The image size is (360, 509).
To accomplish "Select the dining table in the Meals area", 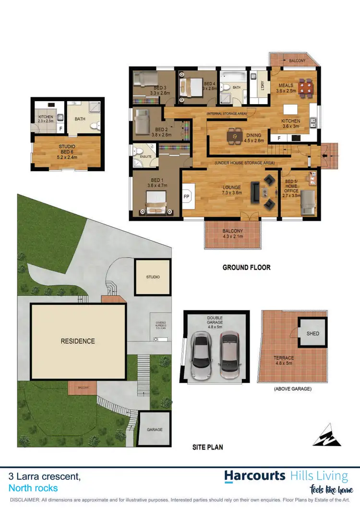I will coord(304,88).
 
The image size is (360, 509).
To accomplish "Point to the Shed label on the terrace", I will coord(312,333).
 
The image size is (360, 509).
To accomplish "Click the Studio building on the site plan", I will coord(153,277).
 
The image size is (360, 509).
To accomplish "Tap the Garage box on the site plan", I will coord(155,429).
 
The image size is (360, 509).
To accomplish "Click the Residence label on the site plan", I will coord(78,341).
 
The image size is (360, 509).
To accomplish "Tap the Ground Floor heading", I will coord(246,267).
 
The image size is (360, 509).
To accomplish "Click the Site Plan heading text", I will coord(207,447).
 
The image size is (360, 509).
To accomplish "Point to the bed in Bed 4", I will coord(188,87).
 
